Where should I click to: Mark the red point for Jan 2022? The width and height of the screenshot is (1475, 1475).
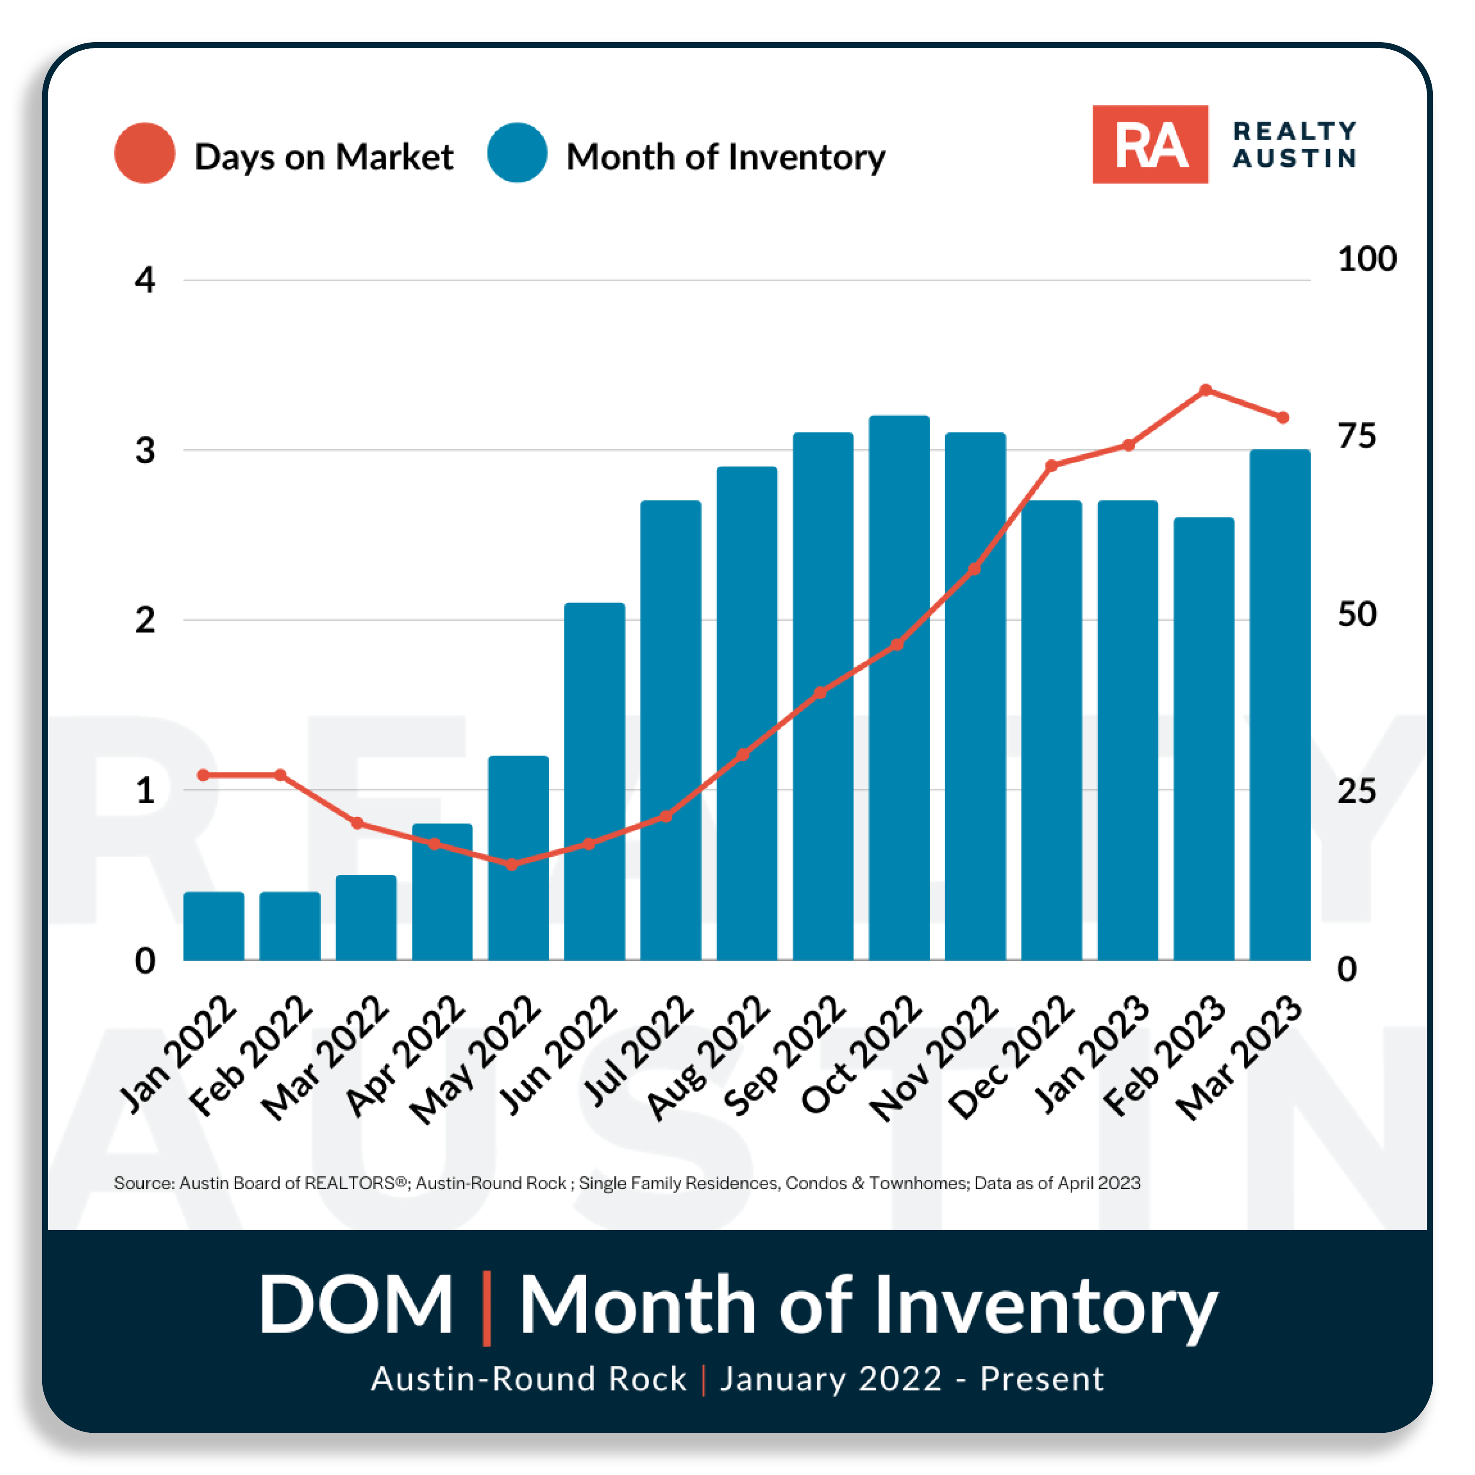tap(203, 775)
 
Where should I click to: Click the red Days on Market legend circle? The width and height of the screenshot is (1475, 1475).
tap(144, 153)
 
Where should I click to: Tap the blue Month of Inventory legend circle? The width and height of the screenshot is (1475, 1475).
tap(517, 153)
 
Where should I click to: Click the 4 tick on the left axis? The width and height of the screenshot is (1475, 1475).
tap(144, 280)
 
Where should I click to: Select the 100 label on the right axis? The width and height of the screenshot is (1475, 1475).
tap(1367, 259)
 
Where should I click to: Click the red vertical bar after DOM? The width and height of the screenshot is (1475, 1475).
tap(487, 1307)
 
